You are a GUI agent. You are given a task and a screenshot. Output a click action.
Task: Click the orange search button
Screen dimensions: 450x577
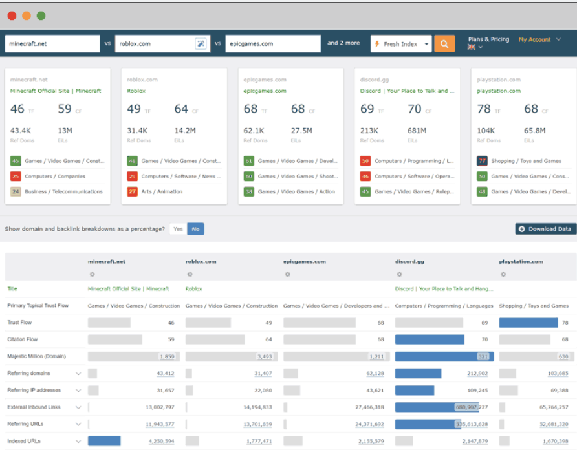pyautogui.click(x=444, y=44)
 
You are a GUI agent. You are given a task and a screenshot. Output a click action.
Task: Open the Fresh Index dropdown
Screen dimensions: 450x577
pyautogui.click(x=401, y=44)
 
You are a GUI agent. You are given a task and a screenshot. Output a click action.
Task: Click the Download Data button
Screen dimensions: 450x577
pyautogui.click(x=545, y=229)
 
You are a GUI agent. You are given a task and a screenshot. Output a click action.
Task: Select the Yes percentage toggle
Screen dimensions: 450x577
pyautogui.click(x=178, y=229)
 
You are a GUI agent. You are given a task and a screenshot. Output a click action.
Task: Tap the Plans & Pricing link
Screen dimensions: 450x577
pyautogui.click(x=488, y=39)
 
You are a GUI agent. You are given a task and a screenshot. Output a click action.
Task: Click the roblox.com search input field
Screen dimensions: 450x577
pyautogui.click(x=155, y=44)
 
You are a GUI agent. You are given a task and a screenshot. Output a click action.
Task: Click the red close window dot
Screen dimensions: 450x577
pyautogui.click(x=12, y=16)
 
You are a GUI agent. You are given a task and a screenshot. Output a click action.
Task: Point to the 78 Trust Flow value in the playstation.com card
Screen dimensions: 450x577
pyautogui.click(x=484, y=109)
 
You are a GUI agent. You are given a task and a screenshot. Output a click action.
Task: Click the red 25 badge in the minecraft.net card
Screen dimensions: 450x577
pyautogui.click(x=16, y=176)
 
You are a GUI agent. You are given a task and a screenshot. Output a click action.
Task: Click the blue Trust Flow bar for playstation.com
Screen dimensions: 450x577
pyautogui.click(x=528, y=322)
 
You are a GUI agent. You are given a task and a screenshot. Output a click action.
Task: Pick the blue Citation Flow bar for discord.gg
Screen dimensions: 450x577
pyautogui.click(x=430, y=339)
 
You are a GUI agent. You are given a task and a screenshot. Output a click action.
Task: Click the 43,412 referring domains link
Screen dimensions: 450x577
pyautogui.click(x=165, y=373)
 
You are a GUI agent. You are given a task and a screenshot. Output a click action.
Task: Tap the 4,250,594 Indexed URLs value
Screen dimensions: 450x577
pyautogui.click(x=161, y=441)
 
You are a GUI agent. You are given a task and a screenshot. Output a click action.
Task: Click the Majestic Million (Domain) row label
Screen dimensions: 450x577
pyautogui.click(x=36, y=356)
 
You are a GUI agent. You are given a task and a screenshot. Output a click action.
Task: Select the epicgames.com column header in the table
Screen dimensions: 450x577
pyautogui.click(x=305, y=262)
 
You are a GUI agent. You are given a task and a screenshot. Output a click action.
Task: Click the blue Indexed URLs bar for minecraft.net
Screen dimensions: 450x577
pyautogui.click(x=104, y=441)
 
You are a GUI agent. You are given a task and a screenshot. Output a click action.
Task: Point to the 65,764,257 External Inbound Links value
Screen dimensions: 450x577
pyautogui.click(x=553, y=407)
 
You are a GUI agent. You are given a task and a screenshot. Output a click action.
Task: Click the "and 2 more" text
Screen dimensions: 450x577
pyautogui.click(x=343, y=43)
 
